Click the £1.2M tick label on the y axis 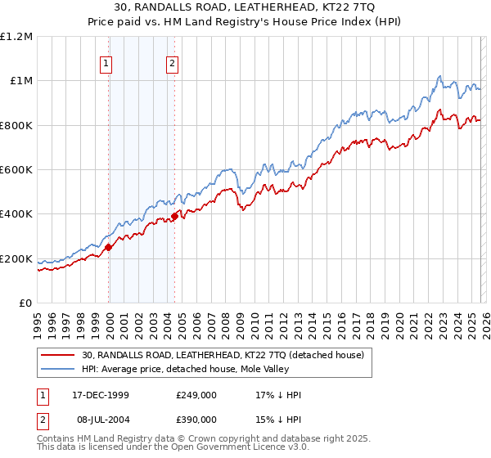coord(16,37)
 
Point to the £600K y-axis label coord(16,170)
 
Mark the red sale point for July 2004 coord(174,217)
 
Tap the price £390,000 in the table coord(196,420)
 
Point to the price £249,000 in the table coord(196,394)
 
